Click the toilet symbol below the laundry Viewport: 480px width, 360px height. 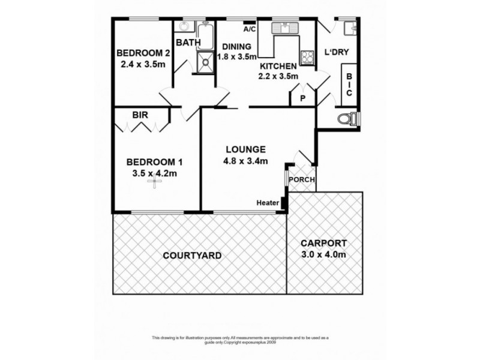347,119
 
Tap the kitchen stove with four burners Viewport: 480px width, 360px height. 307,58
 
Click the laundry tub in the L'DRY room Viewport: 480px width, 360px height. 349,26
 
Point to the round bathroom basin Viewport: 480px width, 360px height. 185,27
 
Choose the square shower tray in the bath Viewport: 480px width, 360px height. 205,61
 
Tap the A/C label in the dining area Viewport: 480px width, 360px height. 250,29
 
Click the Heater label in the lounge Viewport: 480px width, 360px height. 268,203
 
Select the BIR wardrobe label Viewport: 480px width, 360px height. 140,115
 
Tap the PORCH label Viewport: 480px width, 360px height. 302,180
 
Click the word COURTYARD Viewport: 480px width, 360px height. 192,256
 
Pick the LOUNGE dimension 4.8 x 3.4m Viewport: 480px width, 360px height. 247,160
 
